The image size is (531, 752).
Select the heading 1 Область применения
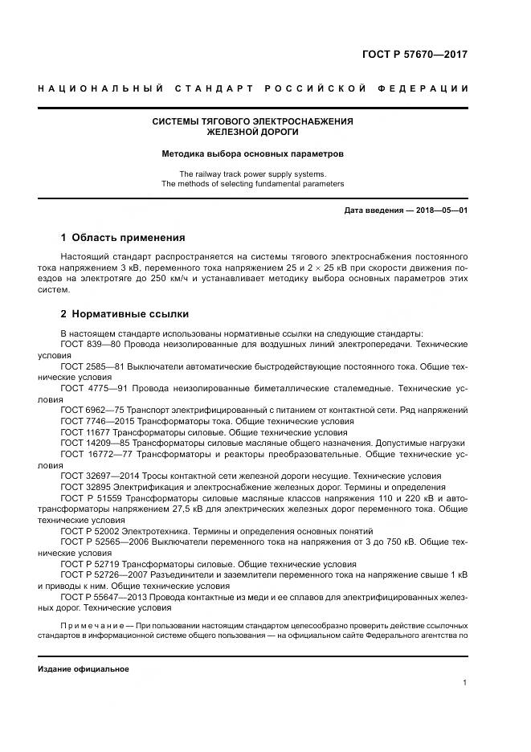coord(123,238)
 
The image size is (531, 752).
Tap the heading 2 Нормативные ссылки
coord(125,314)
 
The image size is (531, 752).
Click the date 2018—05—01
coord(441,210)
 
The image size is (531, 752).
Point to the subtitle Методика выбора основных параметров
coord(253,153)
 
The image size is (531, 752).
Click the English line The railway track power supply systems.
coord(253,174)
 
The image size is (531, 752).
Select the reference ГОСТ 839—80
coord(88,343)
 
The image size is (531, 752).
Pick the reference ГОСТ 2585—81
coord(90,366)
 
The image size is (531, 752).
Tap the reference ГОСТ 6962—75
coord(91,410)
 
